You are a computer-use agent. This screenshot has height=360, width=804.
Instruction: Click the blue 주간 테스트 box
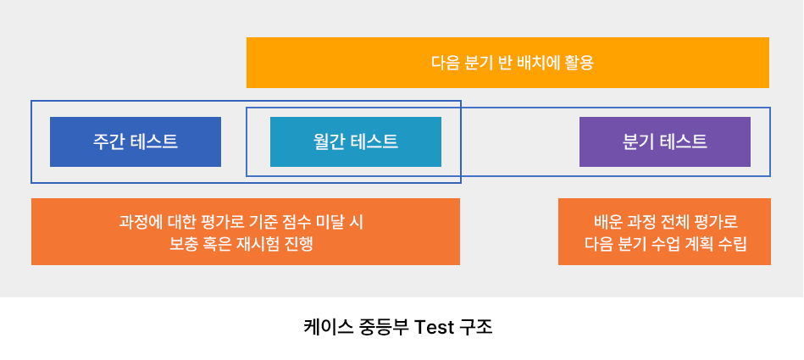coord(136,141)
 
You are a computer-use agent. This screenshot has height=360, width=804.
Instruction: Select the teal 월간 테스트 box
coord(356,141)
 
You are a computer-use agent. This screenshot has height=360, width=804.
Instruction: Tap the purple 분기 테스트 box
coord(665,141)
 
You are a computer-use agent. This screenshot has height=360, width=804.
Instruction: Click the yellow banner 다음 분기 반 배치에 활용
coord(507,63)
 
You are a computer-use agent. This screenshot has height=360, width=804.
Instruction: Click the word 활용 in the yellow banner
coord(580,63)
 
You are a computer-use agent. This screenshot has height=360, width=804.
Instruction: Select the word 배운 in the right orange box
coord(607,223)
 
